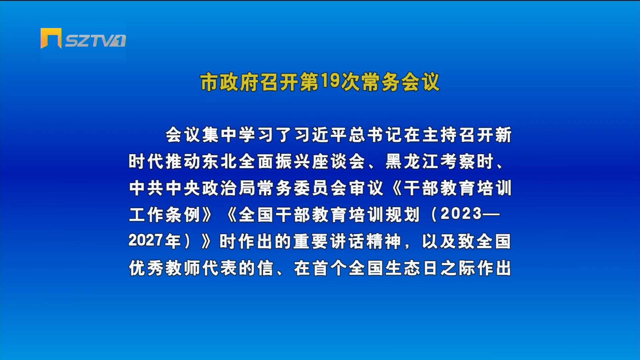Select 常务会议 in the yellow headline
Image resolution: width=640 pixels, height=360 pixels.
tap(400, 82)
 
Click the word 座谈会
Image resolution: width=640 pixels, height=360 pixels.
tap(339, 162)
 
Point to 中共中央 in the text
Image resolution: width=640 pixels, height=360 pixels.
tap(165, 188)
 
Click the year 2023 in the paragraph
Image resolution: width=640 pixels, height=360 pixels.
tap(461, 214)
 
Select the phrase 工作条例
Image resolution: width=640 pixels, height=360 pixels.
tap(165, 215)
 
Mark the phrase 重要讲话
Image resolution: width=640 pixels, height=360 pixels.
tap(330, 242)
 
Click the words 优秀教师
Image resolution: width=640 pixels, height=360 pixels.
tap(165, 268)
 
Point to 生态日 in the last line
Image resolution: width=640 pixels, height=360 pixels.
tap(412, 268)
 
